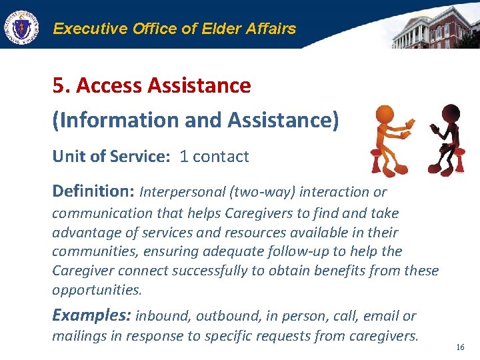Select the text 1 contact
coord(214,157)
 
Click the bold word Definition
coord(93,192)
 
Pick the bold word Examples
coord(91,315)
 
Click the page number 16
coord(459,347)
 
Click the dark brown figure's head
coord(451,112)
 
